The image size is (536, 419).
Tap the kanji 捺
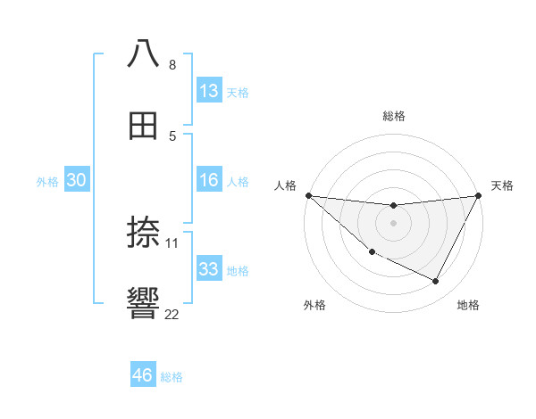click(143, 232)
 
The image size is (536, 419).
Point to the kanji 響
click(143, 303)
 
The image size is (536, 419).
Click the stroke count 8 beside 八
click(172, 65)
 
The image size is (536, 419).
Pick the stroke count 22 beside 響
click(172, 314)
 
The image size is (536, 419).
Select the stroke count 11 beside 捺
click(172, 242)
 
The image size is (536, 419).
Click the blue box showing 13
click(209, 91)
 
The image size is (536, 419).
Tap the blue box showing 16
click(209, 180)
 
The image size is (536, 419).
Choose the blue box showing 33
click(209, 269)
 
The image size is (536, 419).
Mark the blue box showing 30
click(77, 180)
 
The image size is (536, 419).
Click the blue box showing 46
click(143, 375)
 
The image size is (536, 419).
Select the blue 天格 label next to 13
click(238, 92)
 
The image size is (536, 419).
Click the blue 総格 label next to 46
click(172, 377)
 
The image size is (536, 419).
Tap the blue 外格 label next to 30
click(47, 181)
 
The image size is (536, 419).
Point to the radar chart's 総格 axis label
click(394, 117)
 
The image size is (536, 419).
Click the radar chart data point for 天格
click(479, 196)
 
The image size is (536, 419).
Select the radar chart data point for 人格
click(308, 195)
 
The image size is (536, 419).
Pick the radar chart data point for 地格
click(436, 282)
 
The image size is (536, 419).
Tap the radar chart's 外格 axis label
click(314, 305)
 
